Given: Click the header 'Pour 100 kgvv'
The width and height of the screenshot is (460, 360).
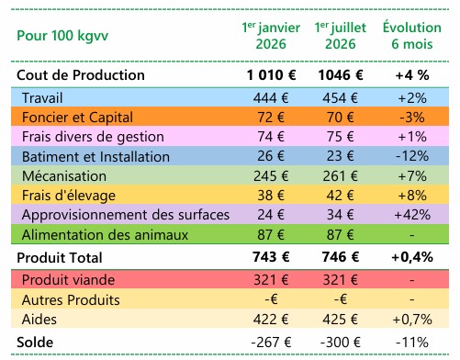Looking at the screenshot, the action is (x=62, y=36).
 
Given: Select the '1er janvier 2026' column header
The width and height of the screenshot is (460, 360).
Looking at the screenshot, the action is (x=271, y=36).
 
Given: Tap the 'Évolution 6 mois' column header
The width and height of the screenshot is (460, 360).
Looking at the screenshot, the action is (x=412, y=35).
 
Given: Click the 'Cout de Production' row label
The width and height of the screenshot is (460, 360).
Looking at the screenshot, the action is (x=81, y=75).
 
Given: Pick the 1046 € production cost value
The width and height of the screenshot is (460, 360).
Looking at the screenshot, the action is (x=341, y=75).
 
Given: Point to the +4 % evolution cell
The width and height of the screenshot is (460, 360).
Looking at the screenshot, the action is (x=412, y=75).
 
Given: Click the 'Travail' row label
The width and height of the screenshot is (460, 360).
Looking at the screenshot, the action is (x=42, y=98).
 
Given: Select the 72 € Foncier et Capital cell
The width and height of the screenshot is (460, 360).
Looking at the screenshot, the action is (x=271, y=118).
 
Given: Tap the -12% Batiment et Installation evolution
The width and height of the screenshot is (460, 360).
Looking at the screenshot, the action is (x=412, y=156).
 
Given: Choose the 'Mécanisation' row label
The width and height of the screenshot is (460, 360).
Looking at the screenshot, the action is (x=64, y=176).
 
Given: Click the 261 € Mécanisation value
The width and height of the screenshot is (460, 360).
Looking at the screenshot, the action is (x=341, y=176).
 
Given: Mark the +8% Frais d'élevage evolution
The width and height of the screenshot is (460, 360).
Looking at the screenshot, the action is (x=412, y=196).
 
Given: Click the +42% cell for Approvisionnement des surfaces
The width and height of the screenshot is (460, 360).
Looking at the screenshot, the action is (x=412, y=215).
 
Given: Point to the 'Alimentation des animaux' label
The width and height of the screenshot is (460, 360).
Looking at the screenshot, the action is (x=105, y=235).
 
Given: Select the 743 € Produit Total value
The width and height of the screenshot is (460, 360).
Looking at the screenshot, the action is (x=271, y=257).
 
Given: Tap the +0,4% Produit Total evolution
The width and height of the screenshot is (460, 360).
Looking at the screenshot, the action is (x=412, y=257).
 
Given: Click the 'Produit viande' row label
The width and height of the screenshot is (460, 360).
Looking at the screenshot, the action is (x=68, y=280).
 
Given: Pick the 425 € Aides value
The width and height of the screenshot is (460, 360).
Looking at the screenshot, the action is (x=341, y=320).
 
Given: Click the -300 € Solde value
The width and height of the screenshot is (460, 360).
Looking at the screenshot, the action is (x=341, y=342).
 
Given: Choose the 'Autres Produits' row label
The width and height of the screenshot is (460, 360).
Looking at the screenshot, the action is (x=71, y=299).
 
